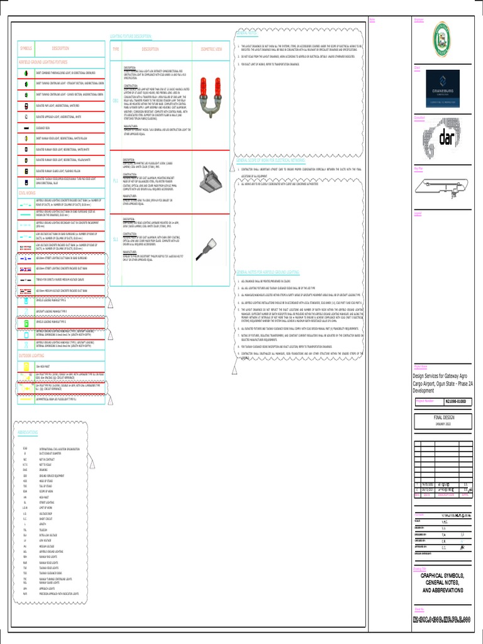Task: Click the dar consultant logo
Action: [448, 137]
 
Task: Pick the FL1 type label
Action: [115, 180]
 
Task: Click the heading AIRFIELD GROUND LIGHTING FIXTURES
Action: [43, 62]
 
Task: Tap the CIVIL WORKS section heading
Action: [28, 194]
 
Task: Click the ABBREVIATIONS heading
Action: [28, 433]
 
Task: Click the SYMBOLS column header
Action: [26, 48]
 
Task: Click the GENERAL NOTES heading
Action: [247, 33]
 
